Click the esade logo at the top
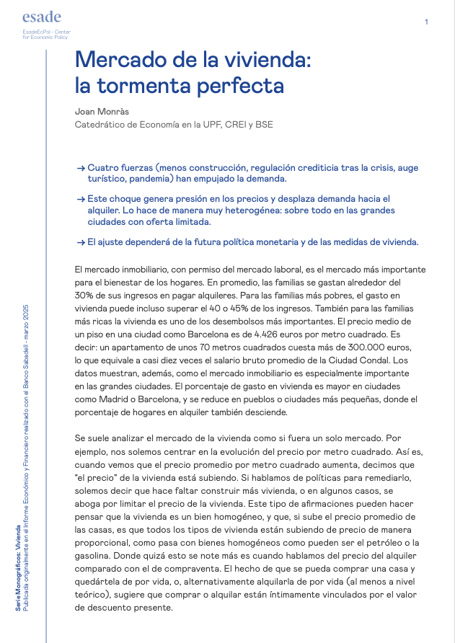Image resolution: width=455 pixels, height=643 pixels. pyautogui.click(x=42, y=17)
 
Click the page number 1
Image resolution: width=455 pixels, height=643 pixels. pyautogui.click(x=427, y=22)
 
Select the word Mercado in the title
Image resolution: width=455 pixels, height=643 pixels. pyautogui.click(x=118, y=59)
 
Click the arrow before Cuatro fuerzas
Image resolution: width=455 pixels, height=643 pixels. pyautogui.click(x=81, y=168)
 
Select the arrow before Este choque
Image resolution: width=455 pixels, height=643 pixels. pyautogui.click(x=81, y=198)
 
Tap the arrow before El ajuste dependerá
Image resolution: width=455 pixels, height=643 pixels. pyautogui.click(x=81, y=241)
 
